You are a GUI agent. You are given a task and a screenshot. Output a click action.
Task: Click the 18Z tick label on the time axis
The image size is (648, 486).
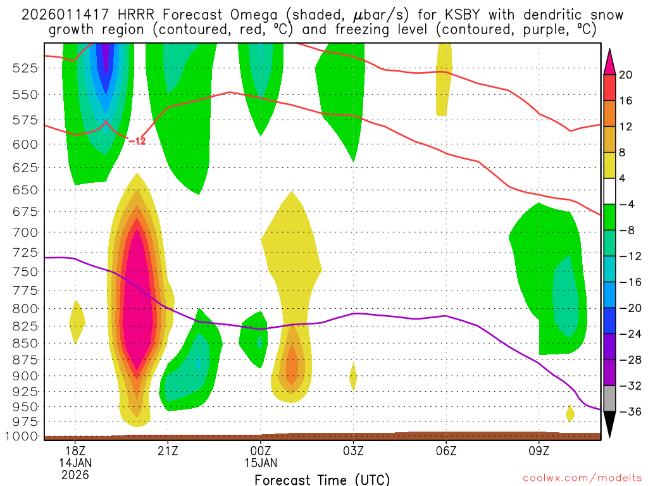(75, 451)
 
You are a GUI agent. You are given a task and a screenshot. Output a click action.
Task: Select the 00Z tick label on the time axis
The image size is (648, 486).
(261, 451)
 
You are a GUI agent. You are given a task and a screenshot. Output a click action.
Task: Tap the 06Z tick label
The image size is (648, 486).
(446, 451)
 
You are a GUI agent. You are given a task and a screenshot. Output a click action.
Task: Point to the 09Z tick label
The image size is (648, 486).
(539, 451)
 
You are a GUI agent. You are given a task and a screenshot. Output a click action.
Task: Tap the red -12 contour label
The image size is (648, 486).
(137, 141)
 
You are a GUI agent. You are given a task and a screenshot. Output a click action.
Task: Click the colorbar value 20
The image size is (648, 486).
(626, 75)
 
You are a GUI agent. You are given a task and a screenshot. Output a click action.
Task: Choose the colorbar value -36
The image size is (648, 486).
(626, 412)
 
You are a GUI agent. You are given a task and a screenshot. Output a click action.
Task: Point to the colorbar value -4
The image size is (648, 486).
(626, 204)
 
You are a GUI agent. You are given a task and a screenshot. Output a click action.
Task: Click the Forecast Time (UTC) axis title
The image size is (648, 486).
(322, 479)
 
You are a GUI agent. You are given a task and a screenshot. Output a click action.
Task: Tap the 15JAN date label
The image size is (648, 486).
(261, 462)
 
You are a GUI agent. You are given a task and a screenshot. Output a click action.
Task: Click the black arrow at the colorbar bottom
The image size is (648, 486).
(609, 423)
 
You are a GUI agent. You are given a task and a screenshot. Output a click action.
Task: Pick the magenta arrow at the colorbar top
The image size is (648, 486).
(609, 61)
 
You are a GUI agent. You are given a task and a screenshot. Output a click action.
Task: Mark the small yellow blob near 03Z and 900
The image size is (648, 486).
(353, 377)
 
